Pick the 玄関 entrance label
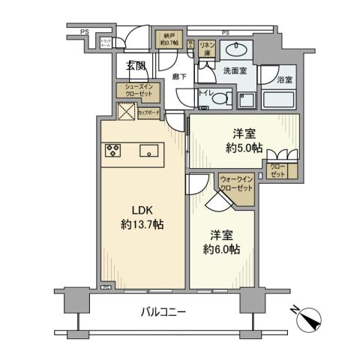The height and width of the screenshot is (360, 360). tap(136, 66)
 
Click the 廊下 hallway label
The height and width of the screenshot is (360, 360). tap(178, 76)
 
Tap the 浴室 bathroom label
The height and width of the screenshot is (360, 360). tap(284, 79)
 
